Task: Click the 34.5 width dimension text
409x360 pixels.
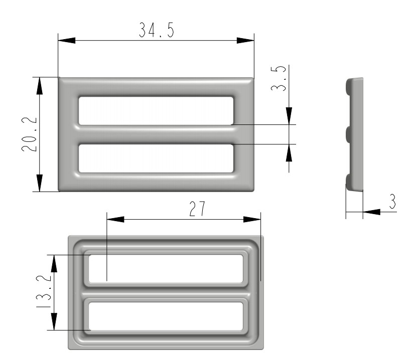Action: click(156, 30)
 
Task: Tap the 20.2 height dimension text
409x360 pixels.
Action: click(29, 134)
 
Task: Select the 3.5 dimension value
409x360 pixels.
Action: click(279, 78)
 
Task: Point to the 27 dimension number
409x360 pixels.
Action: click(197, 209)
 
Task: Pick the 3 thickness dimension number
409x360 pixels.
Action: click(392, 201)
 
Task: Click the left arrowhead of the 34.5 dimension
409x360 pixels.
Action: click(67, 41)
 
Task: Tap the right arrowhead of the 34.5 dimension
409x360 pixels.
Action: click(245, 41)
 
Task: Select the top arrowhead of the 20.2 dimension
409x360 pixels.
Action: click(39, 86)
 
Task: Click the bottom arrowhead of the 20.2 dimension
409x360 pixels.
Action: click(39, 183)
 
